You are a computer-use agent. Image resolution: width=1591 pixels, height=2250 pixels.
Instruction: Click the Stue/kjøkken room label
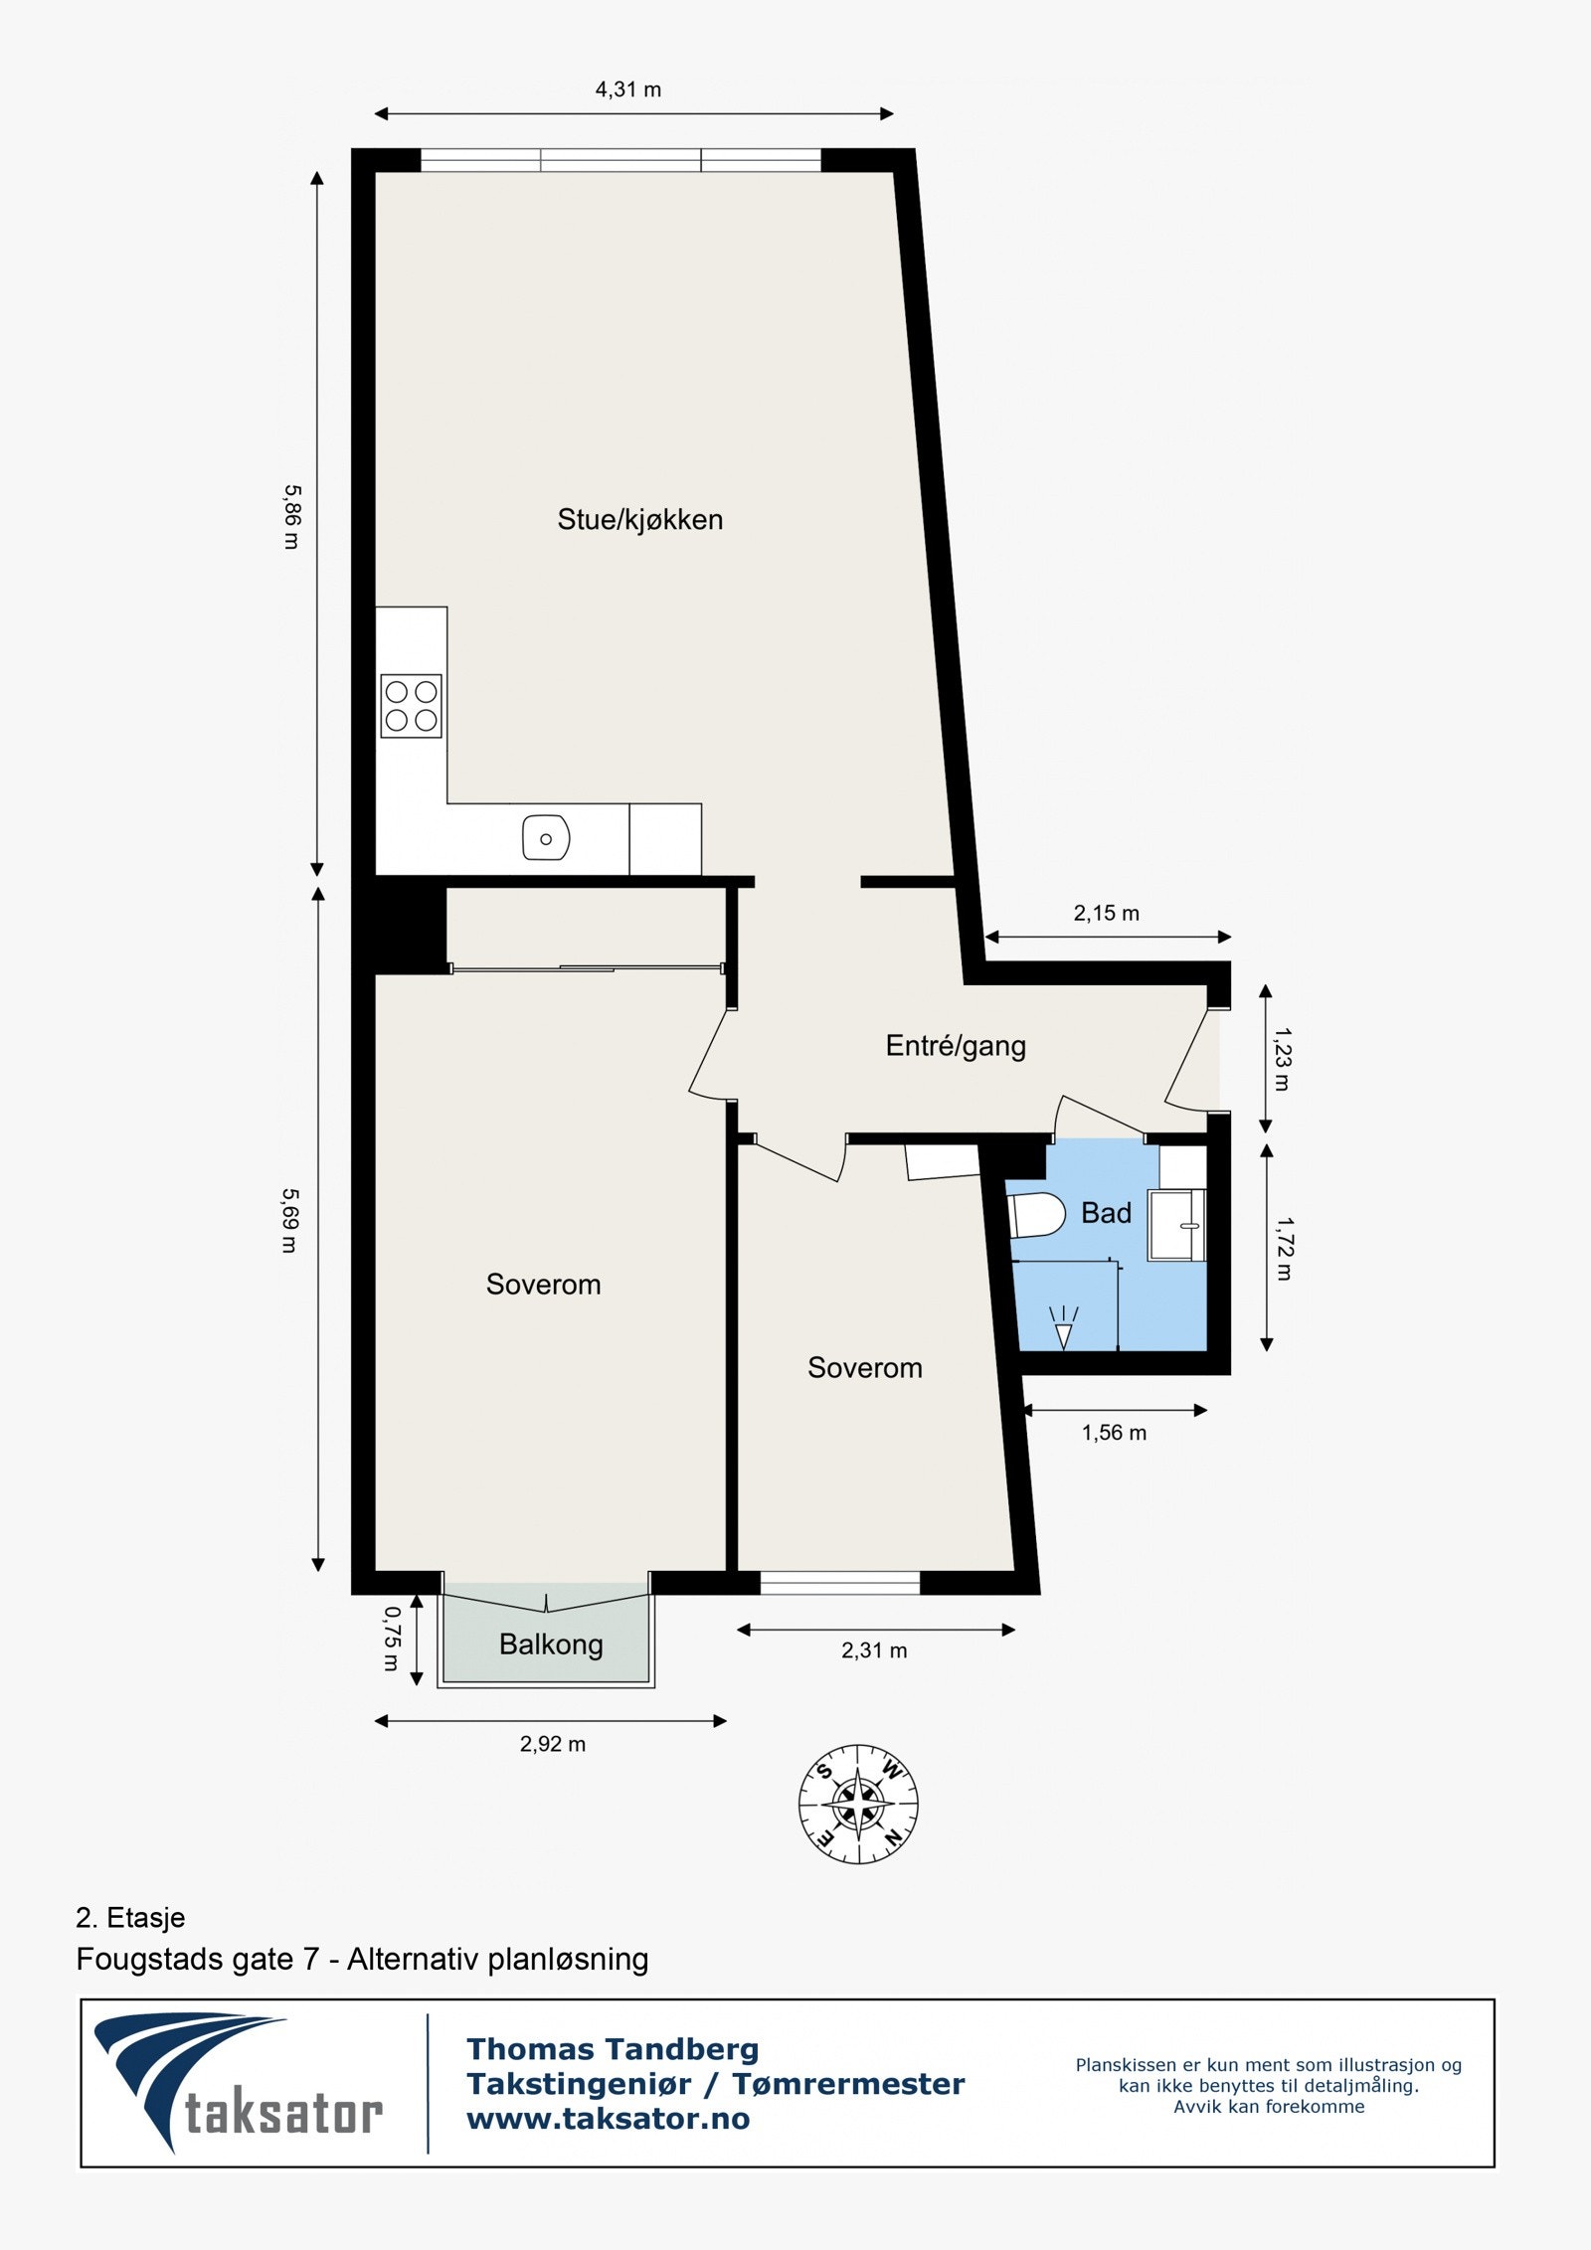click(x=639, y=520)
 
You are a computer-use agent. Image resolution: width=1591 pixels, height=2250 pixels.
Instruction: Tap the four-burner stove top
click(x=411, y=706)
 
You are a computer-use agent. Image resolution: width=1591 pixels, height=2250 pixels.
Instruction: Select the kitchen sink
click(x=546, y=838)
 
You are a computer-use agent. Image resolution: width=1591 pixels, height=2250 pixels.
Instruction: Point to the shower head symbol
click(x=1063, y=1328)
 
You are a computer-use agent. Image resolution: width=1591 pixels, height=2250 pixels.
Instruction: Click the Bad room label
click(x=1106, y=1213)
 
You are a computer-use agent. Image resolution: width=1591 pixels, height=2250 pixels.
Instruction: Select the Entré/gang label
click(x=955, y=1046)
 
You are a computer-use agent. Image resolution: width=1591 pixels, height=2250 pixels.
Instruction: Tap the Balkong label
click(x=551, y=1644)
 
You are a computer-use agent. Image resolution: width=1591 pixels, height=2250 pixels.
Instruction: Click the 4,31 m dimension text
click(x=627, y=89)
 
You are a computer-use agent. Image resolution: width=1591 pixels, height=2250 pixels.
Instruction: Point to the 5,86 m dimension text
click(x=291, y=517)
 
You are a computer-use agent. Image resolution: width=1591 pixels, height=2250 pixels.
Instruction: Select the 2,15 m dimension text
click(x=1106, y=913)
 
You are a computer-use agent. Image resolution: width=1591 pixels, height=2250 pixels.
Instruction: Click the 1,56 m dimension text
click(x=1114, y=1433)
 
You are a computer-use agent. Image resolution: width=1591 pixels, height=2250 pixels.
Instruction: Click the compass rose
click(x=858, y=1804)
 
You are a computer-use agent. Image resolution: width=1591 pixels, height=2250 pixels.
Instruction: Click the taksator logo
click(x=239, y=2085)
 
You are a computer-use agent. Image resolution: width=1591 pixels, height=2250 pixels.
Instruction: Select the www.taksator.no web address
click(x=608, y=2119)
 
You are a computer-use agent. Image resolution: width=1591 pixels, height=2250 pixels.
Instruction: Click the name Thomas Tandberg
click(x=613, y=2049)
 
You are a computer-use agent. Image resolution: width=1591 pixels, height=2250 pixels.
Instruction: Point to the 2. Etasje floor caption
click(x=130, y=1917)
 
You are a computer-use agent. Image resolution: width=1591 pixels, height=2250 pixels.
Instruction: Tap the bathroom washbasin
click(x=1176, y=1226)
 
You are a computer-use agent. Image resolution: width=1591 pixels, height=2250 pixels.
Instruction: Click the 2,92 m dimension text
click(x=552, y=1744)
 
